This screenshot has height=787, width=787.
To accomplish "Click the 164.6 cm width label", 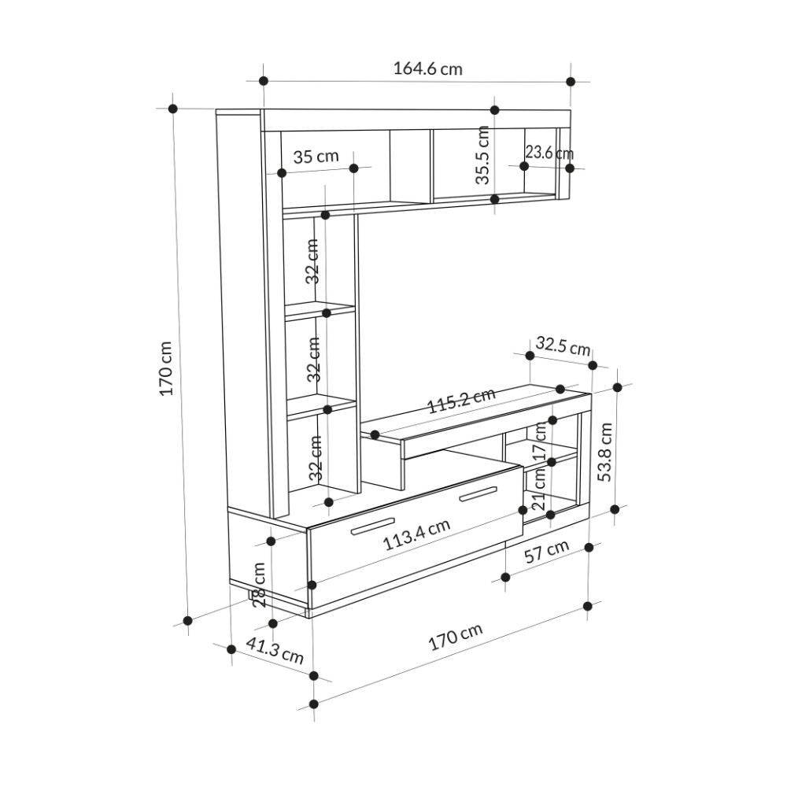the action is click(x=427, y=68).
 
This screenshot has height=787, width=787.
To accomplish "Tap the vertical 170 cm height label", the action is click(x=166, y=368).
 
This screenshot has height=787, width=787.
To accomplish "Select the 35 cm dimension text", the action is click(x=316, y=156).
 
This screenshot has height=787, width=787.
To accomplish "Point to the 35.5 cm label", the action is click(x=482, y=155).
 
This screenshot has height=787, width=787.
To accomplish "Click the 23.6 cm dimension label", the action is click(x=549, y=152).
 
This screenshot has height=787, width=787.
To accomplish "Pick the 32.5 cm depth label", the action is click(x=563, y=345).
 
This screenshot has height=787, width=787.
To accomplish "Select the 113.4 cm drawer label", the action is click(x=416, y=534).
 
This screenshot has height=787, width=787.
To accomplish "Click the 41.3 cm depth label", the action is click(x=275, y=651).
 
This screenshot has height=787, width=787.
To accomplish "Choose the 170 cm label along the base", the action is click(x=456, y=637).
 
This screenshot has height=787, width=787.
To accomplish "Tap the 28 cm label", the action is click(x=259, y=586).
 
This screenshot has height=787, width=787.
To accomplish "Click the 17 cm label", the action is click(x=539, y=440).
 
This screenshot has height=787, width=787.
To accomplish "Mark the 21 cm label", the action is click(x=539, y=489).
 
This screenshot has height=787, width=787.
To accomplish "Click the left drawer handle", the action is click(x=372, y=525).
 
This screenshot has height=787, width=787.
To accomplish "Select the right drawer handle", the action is click(x=478, y=494).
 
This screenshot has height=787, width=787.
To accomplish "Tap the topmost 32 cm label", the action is click(x=312, y=261).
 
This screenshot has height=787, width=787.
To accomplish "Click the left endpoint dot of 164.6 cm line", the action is click(x=264, y=81).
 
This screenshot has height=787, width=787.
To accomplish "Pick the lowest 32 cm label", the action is click(x=316, y=458).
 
